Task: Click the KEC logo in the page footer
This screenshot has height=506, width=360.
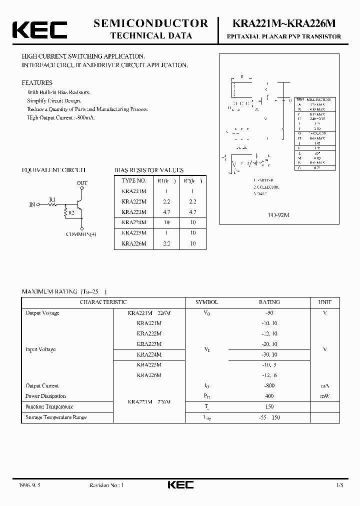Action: [x=180, y=485]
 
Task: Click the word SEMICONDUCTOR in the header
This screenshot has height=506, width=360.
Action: [x=151, y=23]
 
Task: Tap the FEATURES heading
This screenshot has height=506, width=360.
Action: [x=37, y=82]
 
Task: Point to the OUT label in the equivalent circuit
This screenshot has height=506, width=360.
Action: [x=82, y=183]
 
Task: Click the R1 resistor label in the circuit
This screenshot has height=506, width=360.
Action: [x=52, y=199]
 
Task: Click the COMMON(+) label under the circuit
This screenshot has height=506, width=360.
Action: [x=81, y=234]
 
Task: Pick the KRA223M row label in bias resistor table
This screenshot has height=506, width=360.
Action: [x=134, y=212]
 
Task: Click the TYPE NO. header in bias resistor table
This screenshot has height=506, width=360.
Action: [x=134, y=180]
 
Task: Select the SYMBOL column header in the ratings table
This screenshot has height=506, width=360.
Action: [x=206, y=302]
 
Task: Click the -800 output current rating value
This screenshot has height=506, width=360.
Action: [x=269, y=385]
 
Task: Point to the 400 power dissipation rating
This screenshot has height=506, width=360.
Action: [x=269, y=396]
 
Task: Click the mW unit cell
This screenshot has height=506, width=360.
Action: [x=324, y=396]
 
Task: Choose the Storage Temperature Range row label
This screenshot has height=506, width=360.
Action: [x=56, y=417]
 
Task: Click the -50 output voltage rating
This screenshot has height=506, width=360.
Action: [x=269, y=312]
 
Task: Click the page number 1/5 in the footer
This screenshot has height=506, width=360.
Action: [x=339, y=485]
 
